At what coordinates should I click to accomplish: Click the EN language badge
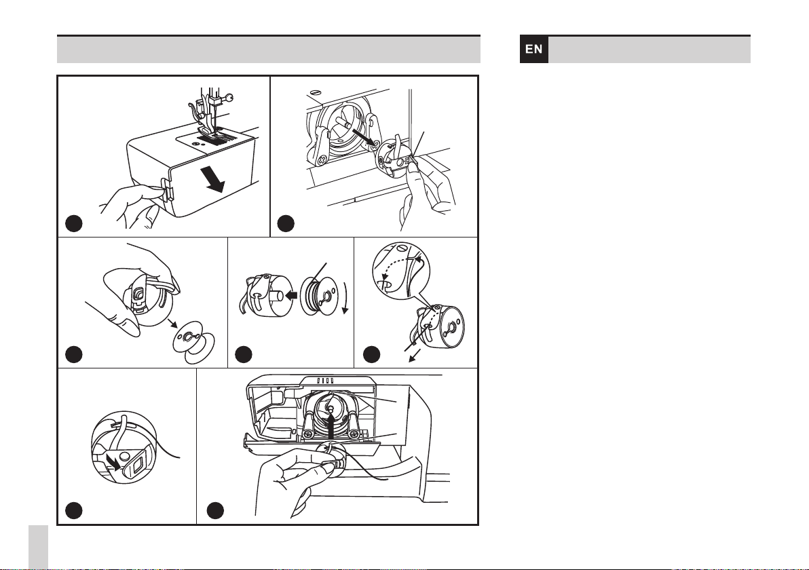click(534, 50)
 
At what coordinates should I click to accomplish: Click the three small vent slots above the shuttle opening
click(326, 381)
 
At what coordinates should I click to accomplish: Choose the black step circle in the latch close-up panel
click(74, 510)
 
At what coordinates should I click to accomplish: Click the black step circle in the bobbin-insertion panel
click(215, 510)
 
